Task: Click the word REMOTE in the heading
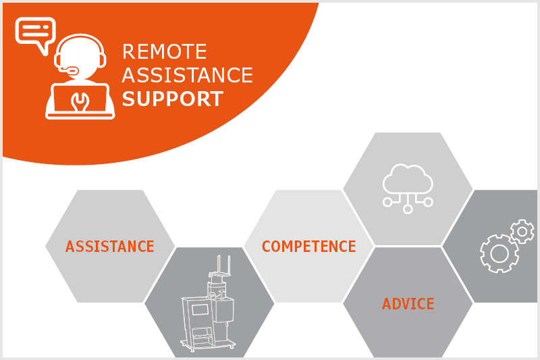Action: [164, 52]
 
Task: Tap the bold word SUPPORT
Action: [173, 99]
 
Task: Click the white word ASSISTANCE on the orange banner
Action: [188, 75]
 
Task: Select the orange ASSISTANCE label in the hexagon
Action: [110, 247]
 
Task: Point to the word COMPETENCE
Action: [309, 247]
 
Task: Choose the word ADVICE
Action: [408, 303]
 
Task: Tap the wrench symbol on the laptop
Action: [80, 101]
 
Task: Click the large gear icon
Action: [500, 253]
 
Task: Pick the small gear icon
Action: [522, 232]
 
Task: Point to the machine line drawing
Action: [208, 303]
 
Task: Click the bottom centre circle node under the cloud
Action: [408, 209]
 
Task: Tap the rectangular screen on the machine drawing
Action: [199, 310]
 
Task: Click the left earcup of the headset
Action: [58, 61]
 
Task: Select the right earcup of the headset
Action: [103, 61]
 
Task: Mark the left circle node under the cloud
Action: [387, 202]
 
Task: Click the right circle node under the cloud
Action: [428, 202]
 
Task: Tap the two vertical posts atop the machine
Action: [223, 265]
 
